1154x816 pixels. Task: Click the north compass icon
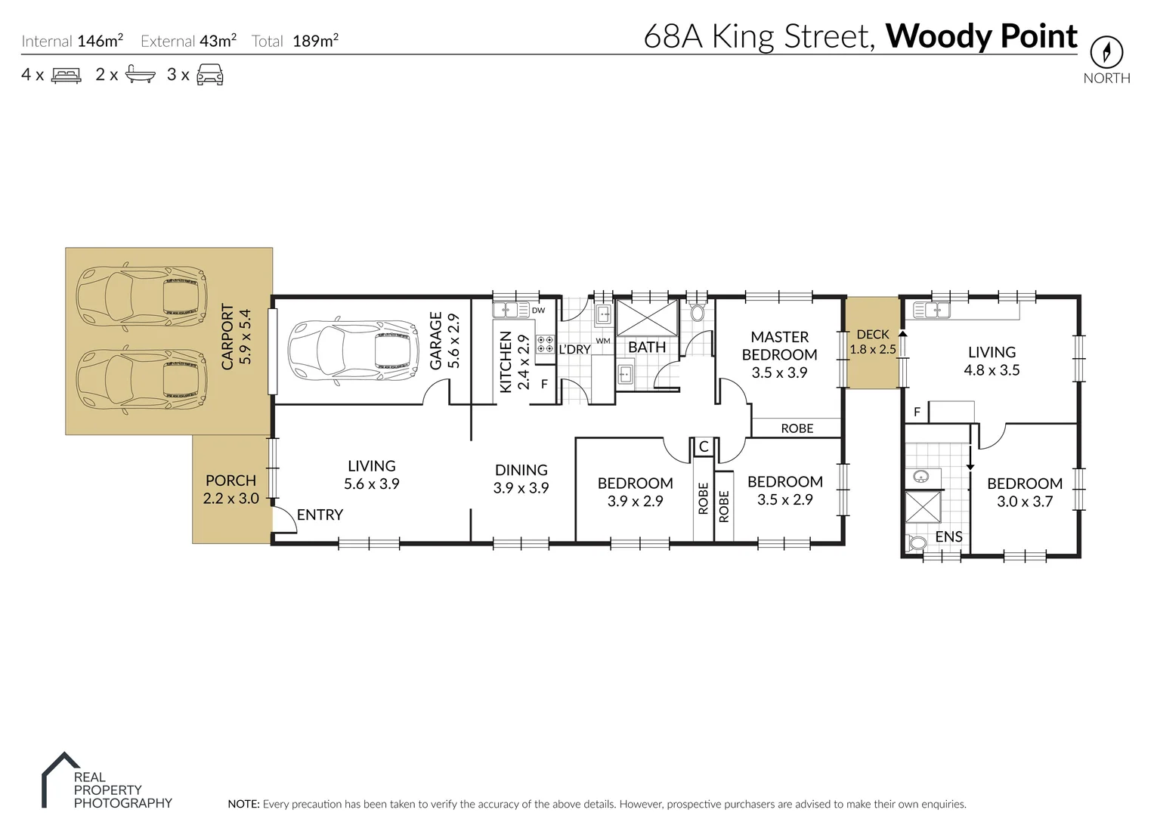coord(1106,52)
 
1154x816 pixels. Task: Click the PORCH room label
coord(230,481)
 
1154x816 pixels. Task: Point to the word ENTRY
coord(320,515)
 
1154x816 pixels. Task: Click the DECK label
coord(872,335)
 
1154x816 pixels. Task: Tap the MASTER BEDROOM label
coord(779,346)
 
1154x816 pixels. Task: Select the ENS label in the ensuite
coord(948,536)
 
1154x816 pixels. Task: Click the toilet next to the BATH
coord(698,312)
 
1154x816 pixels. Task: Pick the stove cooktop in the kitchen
coord(545,345)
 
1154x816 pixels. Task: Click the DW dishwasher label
coord(538,311)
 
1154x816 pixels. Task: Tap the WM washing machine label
coord(602,341)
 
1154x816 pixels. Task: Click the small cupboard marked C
coord(703,447)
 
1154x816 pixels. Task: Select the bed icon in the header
coord(66,75)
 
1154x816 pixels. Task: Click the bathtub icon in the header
coord(141,75)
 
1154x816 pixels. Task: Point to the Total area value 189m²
coord(315,41)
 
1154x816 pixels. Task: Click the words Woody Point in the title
coord(981,36)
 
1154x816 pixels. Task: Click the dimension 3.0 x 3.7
coord(1024,502)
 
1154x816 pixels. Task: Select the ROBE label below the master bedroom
coord(797,428)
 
